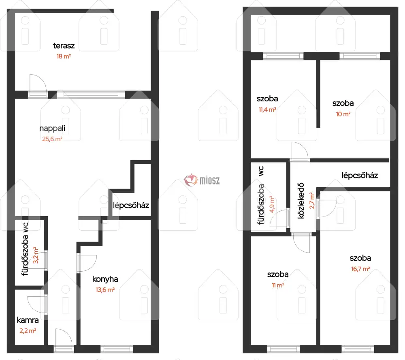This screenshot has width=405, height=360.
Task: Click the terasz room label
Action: click(64, 45)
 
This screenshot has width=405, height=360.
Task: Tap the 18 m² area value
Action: click(64, 56)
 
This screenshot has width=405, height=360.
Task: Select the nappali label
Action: click(52, 128)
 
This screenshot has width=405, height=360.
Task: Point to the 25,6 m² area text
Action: click(52, 139)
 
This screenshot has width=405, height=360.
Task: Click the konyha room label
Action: click(105, 279)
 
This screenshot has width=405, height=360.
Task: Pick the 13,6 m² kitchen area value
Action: click(105, 289)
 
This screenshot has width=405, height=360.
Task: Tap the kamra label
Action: click(28, 320)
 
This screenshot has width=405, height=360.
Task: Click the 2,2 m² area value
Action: click(28, 330)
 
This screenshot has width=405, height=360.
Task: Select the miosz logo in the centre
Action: click(202, 180)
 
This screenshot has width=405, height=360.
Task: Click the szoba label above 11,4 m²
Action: click(267, 99)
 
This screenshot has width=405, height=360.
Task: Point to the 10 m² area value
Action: click(343, 114)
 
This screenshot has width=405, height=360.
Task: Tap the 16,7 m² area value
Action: click(360, 269)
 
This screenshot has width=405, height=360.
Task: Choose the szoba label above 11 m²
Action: click(278, 274)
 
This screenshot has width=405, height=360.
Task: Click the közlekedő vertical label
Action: click(301, 201)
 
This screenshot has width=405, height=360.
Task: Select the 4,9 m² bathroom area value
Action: click(272, 204)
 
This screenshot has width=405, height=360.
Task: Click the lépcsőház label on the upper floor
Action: click(360, 176)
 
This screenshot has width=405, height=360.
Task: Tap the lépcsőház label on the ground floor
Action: click(131, 206)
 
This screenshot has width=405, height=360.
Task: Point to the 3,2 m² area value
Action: click(36, 255)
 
